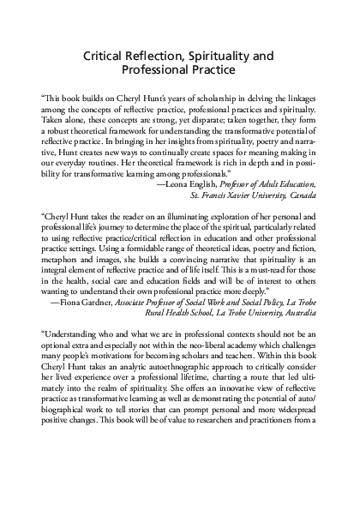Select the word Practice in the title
tap(208, 71)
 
